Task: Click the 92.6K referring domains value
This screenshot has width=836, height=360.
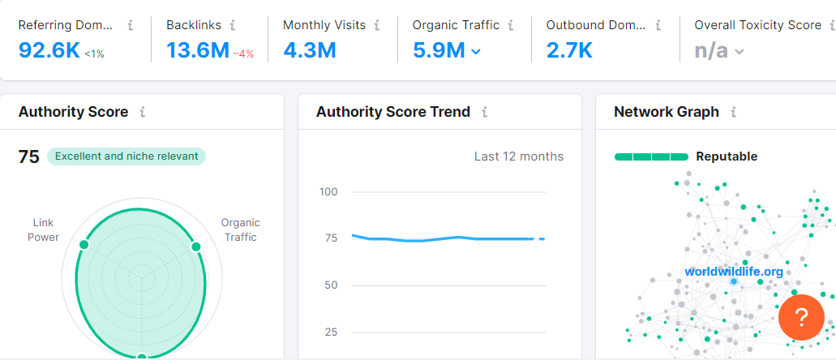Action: (x=49, y=51)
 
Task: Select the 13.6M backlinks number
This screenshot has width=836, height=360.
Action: (x=198, y=51)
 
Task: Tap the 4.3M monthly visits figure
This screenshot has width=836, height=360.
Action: (x=309, y=51)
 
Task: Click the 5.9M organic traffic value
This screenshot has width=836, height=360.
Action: (x=439, y=51)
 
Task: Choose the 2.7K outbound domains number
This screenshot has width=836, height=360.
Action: (x=569, y=51)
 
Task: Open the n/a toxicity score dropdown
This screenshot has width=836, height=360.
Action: (x=719, y=51)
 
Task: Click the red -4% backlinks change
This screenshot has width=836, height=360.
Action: (x=244, y=54)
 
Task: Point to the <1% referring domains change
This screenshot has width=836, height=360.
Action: (x=95, y=54)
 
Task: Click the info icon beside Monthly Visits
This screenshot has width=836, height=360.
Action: (x=377, y=25)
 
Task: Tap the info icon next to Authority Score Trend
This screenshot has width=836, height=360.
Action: (x=485, y=112)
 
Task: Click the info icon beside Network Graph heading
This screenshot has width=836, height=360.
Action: (x=734, y=112)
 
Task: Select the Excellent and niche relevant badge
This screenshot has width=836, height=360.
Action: (x=126, y=156)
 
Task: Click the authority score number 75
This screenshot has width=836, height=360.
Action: (x=29, y=156)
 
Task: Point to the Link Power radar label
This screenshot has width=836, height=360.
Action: (x=44, y=229)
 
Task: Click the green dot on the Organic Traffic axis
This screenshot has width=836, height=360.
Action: (x=195, y=246)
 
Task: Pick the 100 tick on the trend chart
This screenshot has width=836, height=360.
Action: (x=328, y=192)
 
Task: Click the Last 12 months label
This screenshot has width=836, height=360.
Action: (x=518, y=156)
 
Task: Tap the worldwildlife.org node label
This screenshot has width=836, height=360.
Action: (x=734, y=272)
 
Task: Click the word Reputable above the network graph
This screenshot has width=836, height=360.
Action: (x=727, y=156)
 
